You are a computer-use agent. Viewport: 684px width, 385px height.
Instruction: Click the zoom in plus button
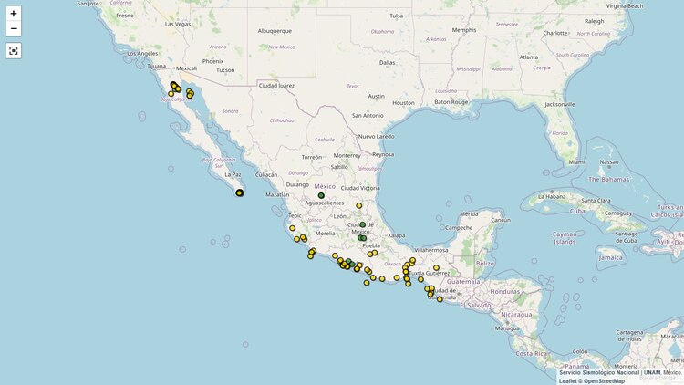tap(13, 13)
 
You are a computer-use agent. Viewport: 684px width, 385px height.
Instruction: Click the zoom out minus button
tap(13, 28)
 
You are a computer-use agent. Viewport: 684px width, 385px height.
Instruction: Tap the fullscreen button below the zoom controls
tap(13, 50)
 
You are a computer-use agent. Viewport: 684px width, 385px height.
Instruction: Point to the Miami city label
tap(577, 162)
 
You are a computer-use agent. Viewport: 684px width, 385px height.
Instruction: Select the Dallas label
tap(388, 63)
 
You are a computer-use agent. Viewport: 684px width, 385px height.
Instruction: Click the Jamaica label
tap(612, 257)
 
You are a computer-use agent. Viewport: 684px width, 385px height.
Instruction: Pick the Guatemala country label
tap(462, 281)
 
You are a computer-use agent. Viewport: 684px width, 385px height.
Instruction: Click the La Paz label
tap(233, 174)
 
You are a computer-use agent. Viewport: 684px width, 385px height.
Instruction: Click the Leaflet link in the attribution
tap(571, 380)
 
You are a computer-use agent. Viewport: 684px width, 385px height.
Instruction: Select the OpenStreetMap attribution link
tap(605, 380)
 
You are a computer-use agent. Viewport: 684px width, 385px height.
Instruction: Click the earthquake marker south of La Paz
tap(240, 192)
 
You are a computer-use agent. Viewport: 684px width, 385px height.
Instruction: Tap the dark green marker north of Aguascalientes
tap(321, 195)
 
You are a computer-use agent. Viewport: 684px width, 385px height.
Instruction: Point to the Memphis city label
tap(463, 30)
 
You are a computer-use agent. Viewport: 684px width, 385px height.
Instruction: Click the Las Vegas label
tap(178, 24)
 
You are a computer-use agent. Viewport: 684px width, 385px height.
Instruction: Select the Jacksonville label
tap(559, 105)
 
